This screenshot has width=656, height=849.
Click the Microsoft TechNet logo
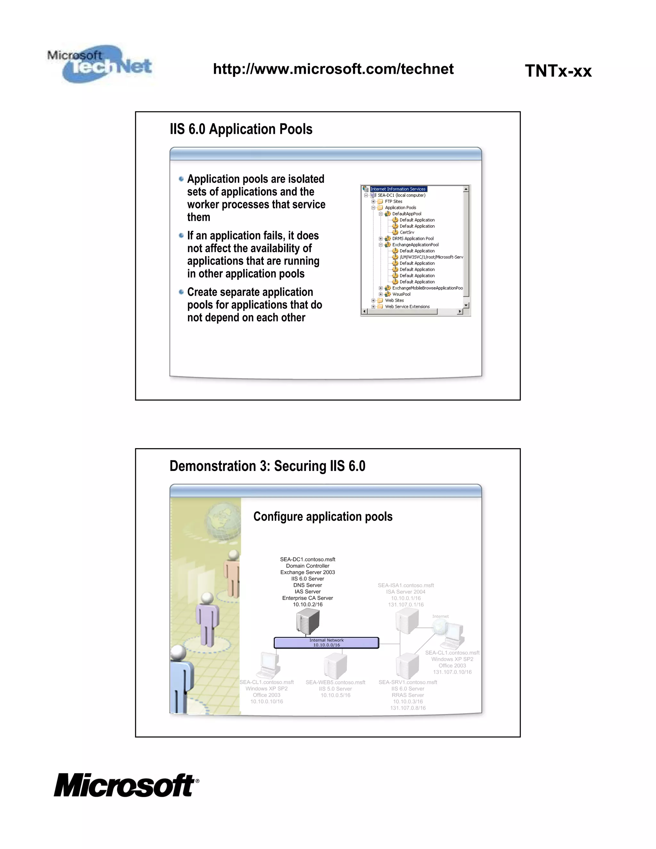click(100, 64)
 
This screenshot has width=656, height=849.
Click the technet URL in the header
click(333, 69)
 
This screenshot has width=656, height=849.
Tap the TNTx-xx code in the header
click(558, 71)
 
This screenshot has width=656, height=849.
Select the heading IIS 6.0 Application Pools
click(241, 129)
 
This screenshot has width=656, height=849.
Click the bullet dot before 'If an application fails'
click(181, 235)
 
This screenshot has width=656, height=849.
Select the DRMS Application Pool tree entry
click(412, 239)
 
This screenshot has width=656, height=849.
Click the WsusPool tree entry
click(401, 294)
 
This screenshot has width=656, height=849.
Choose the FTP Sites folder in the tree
click(393, 202)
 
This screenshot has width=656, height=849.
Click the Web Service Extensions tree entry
click(407, 307)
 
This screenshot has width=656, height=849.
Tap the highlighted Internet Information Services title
click(398, 189)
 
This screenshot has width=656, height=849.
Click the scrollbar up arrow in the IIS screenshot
click(466, 189)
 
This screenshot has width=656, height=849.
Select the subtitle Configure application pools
click(323, 517)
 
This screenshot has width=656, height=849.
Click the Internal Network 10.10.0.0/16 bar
click(326, 643)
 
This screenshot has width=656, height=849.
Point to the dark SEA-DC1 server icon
click(307, 621)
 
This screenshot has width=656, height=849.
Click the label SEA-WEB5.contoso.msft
click(335, 682)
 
